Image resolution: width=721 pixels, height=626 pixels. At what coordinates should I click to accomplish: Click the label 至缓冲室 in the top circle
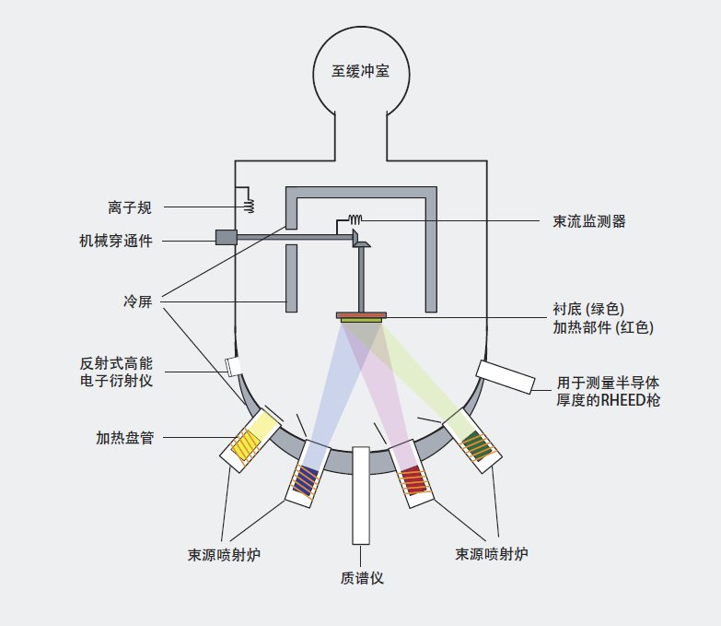point(360,71)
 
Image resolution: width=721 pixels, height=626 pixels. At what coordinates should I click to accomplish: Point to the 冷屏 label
point(137,301)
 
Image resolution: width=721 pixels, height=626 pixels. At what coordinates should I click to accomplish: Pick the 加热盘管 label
point(123,437)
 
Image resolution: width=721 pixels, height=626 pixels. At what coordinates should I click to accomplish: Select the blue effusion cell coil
point(305,479)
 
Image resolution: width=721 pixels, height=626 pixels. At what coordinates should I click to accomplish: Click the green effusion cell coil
point(474,443)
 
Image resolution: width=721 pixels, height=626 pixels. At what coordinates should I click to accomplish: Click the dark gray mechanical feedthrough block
point(226,237)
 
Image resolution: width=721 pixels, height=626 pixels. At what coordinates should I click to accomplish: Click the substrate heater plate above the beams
point(362,316)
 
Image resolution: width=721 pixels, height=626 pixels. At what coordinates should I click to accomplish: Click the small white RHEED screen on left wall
point(234,367)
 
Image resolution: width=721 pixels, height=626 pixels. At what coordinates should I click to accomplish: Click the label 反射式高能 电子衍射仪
point(116,371)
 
